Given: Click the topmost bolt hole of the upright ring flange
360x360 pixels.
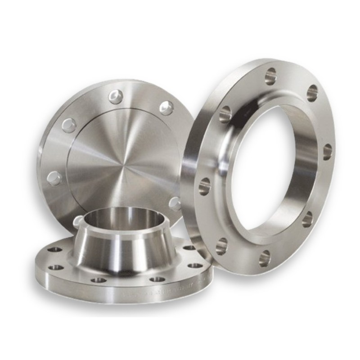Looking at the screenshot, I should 271,76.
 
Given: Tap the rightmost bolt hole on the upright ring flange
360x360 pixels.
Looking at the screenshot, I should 327,152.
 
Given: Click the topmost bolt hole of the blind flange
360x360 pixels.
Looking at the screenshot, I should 116,96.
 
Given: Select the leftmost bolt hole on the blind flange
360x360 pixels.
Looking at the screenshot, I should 54,178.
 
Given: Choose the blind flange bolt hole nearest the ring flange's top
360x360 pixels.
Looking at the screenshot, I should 166,108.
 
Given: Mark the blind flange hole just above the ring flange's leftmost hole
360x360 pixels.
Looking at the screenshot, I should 175,203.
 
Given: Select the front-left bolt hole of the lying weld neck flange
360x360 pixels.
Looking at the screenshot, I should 99,280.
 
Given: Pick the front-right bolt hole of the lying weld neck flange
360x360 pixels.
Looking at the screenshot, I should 157,279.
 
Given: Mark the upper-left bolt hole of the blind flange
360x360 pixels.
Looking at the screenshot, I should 69,125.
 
